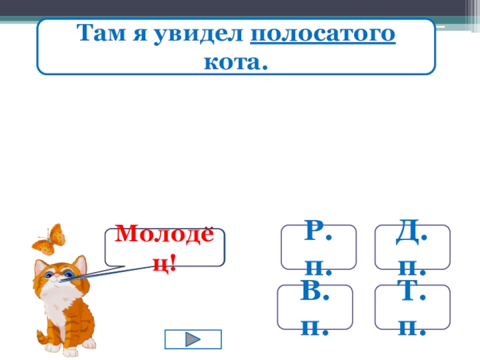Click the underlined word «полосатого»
click(322, 35)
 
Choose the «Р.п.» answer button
click(319, 247)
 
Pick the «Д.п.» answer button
click(412, 247)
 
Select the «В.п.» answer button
click(315, 307)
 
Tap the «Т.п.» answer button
click(412, 307)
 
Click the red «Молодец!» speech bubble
click(164, 247)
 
